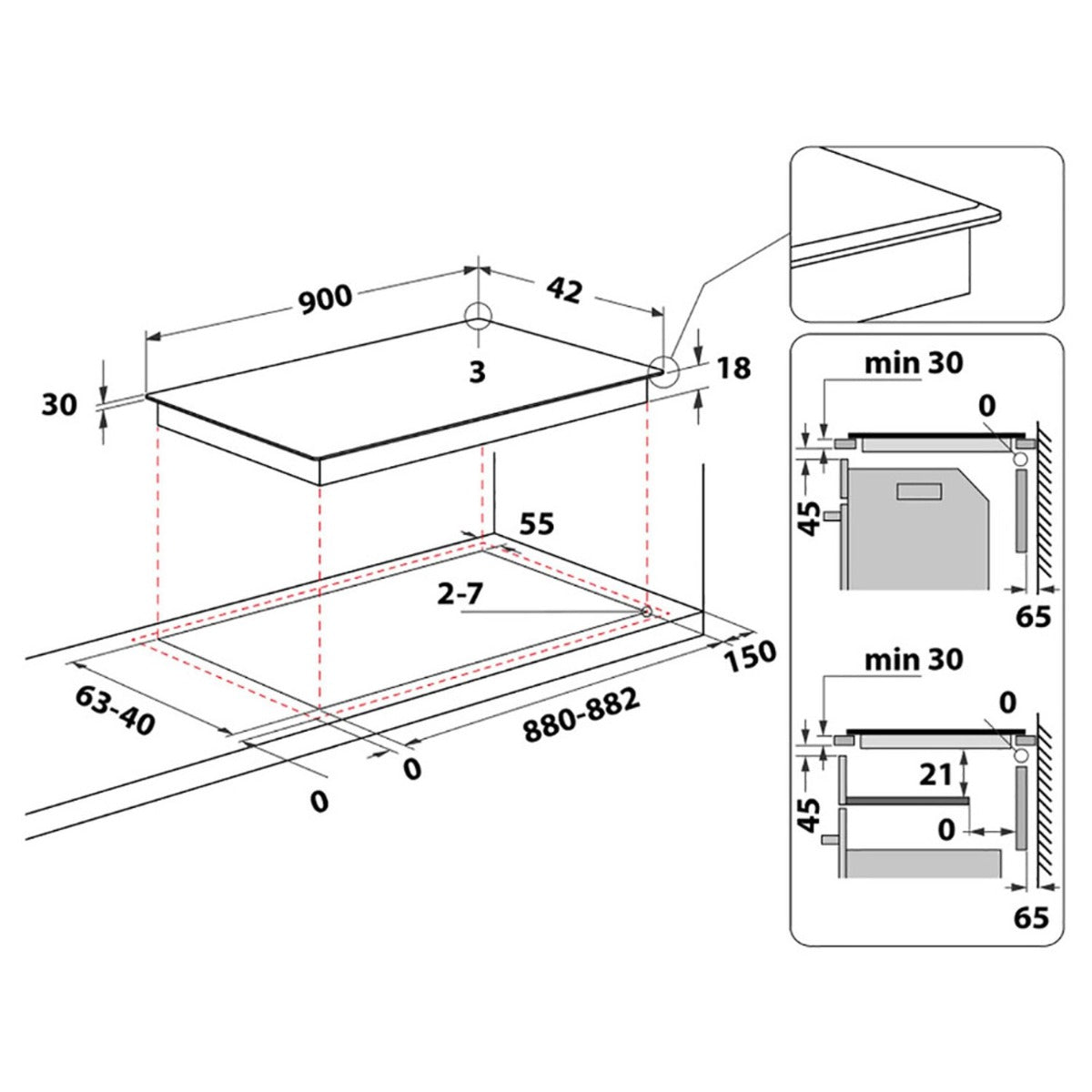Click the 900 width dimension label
(325, 299)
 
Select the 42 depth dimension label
(564, 290)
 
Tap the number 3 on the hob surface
(478, 372)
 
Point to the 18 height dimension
(733, 368)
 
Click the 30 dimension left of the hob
(59, 406)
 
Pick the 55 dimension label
(536, 523)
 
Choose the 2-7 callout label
(460, 594)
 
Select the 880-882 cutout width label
(581, 715)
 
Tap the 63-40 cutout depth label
(115, 712)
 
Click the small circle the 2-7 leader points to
(646, 612)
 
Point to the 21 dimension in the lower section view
(935, 775)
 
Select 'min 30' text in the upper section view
(914, 364)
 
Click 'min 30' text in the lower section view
(914, 660)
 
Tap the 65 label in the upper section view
(1034, 617)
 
